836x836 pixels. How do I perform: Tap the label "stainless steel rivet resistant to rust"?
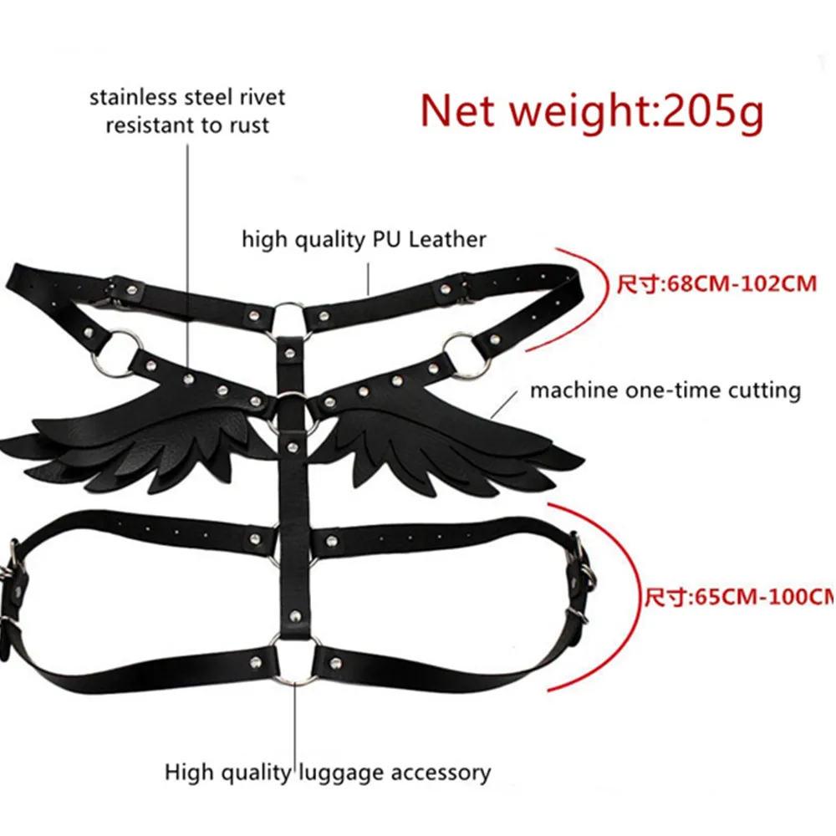coord(187,111)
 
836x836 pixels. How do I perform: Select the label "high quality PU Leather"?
coord(364,240)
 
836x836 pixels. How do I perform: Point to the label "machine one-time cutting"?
coord(665,390)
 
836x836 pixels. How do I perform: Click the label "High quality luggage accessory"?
coord(328,772)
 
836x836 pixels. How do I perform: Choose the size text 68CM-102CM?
coord(716,283)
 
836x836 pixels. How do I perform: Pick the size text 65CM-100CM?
coord(739,598)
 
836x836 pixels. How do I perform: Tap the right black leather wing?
coord(451,443)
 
